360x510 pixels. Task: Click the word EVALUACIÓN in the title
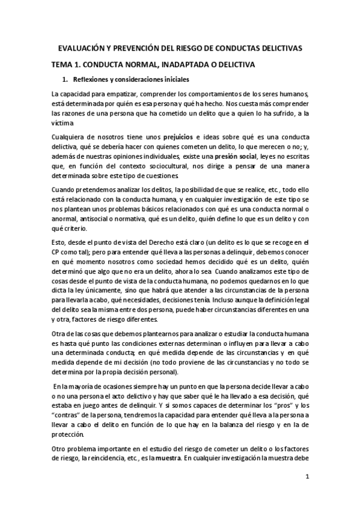coord(81,47)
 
